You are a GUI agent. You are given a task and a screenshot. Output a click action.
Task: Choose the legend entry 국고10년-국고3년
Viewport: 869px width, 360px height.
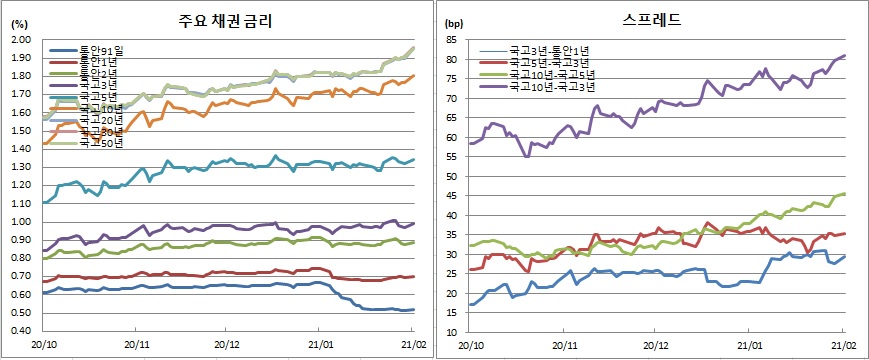point(540,87)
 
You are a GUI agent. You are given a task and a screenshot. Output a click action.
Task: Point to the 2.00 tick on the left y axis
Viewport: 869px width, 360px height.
point(20,40)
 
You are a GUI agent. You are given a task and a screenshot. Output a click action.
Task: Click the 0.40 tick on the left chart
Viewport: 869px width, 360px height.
point(20,332)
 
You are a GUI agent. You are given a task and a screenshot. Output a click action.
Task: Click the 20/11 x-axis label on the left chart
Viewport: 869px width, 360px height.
point(137,344)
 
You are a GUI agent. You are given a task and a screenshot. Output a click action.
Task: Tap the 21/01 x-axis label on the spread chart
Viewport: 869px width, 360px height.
point(749,344)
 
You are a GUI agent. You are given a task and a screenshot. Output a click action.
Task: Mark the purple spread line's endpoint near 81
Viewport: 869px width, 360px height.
point(845,56)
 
